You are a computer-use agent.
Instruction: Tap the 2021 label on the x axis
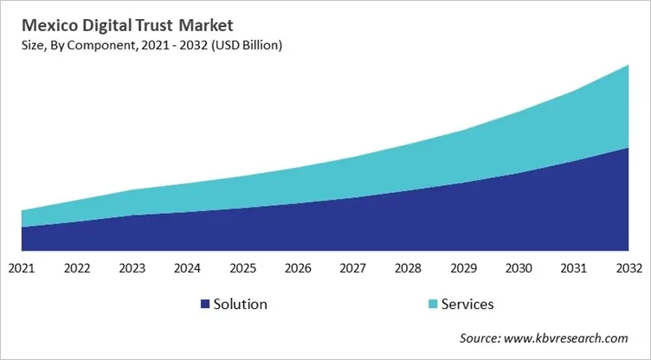(22, 268)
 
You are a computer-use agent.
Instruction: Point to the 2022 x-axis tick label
(77, 268)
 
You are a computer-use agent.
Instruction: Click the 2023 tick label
(132, 268)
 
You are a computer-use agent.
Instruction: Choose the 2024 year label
(187, 268)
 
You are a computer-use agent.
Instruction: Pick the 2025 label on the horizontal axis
(242, 268)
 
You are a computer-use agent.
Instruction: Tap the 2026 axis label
(298, 268)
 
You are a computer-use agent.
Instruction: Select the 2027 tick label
(353, 268)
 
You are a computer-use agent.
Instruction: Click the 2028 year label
(408, 268)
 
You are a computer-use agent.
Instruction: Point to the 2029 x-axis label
(463, 268)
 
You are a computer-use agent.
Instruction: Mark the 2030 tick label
(519, 268)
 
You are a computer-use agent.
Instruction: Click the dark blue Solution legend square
(205, 304)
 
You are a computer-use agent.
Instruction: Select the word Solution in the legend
(242, 304)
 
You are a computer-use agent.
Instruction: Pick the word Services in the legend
(467, 304)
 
